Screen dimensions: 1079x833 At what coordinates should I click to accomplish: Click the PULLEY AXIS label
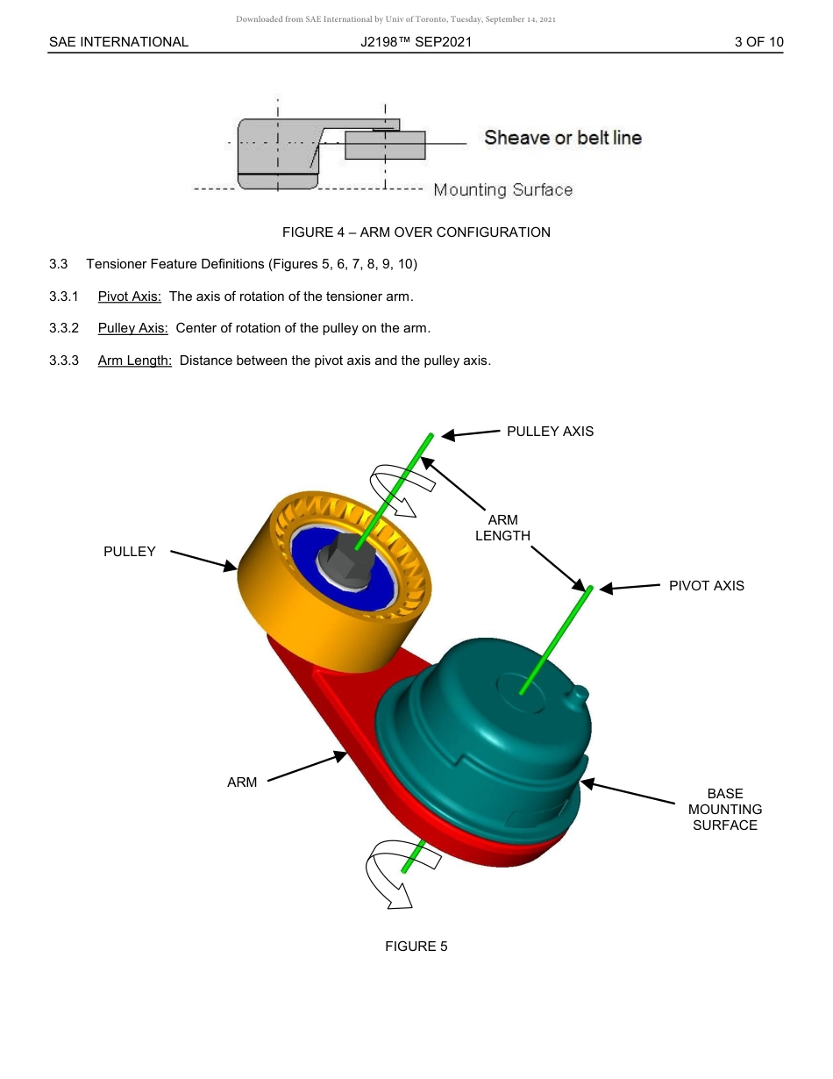550,431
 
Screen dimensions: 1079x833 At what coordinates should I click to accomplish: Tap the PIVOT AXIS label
706,586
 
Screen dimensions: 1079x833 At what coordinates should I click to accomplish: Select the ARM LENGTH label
502,528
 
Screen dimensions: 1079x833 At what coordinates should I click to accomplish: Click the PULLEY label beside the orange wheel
129,552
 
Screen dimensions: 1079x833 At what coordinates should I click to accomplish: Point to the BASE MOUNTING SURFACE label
724,809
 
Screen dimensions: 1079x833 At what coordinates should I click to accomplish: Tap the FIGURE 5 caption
416,947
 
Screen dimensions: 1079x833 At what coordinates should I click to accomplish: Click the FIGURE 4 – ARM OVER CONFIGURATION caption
416,232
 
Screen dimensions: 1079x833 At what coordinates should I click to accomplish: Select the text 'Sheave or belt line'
563,138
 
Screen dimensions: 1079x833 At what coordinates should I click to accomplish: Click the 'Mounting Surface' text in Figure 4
503,190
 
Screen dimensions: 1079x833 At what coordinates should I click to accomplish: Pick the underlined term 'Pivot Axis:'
130,297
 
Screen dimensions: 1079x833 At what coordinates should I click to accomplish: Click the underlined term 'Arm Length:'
134,360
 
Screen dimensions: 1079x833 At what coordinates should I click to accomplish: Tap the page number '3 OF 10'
758,42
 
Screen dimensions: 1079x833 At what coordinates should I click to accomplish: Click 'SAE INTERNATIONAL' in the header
118,42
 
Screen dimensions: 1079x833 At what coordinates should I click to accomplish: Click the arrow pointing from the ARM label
307,767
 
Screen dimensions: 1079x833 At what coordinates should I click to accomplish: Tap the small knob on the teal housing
578,693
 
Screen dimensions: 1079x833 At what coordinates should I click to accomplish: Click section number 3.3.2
64,328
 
